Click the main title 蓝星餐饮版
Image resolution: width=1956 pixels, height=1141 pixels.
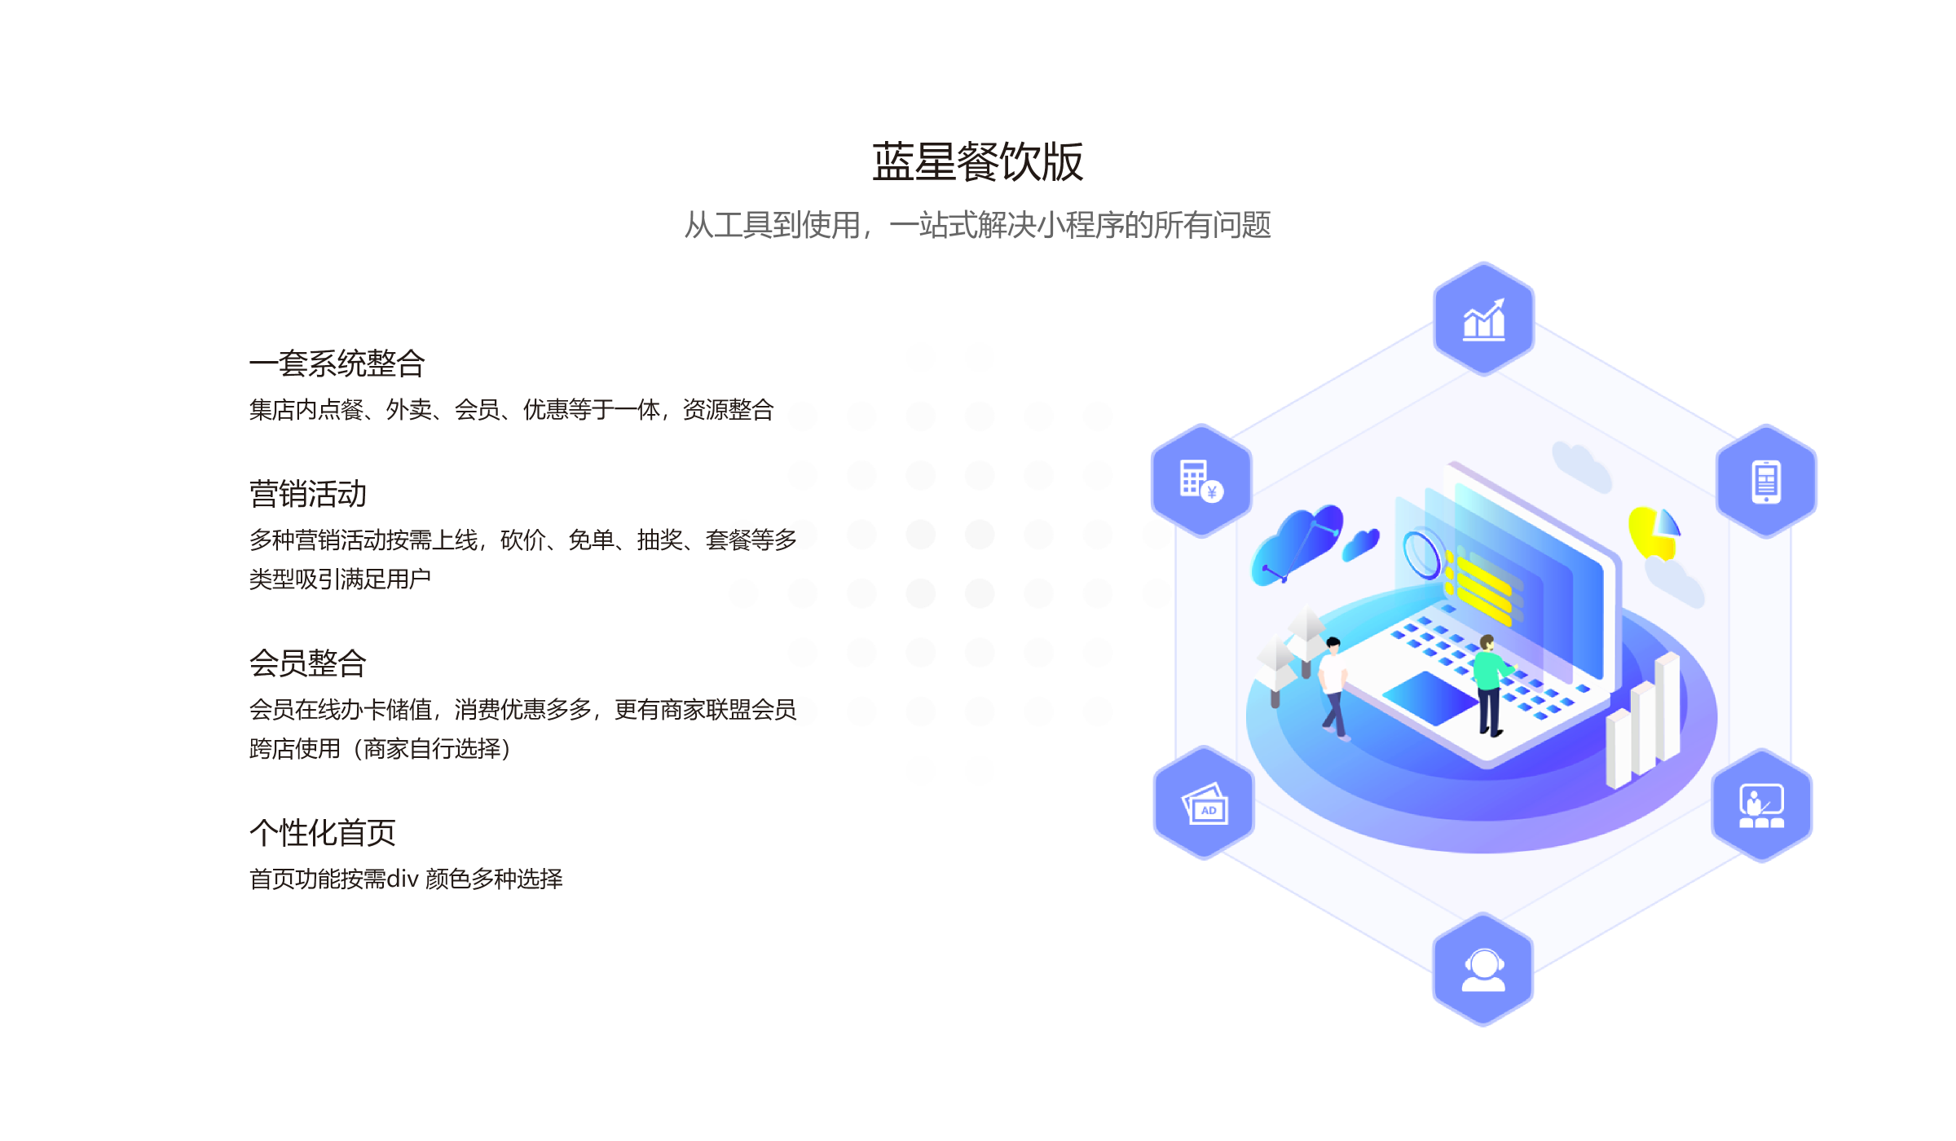pos(977,161)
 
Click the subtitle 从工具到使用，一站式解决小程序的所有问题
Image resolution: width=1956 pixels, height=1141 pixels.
pos(977,225)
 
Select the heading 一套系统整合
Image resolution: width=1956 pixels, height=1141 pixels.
pos(337,363)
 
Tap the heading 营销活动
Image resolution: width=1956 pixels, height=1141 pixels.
pos(307,494)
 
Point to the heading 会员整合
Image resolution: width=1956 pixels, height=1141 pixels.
pos(307,663)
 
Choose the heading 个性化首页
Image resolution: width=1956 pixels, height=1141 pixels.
pos(322,833)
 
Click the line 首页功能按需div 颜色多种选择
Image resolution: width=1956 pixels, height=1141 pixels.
pos(405,879)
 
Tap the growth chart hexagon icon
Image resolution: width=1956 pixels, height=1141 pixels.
pos(1483,319)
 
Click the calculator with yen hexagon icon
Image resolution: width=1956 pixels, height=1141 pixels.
pos(1201,481)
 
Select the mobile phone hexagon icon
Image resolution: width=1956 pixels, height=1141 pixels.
pos(1766,481)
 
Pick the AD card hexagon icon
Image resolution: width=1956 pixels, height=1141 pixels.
pos(1204,804)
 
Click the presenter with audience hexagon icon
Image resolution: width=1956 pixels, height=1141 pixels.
pos(1761,805)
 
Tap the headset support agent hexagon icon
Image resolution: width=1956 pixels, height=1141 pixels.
pos(1482,970)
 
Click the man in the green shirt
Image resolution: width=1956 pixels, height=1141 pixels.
pos(1489,683)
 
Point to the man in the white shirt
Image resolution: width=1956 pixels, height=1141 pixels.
pos(1333,685)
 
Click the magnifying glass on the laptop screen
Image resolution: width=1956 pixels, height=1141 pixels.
pos(1422,553)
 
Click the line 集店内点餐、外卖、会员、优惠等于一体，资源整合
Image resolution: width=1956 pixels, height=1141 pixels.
pos(511,409)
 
